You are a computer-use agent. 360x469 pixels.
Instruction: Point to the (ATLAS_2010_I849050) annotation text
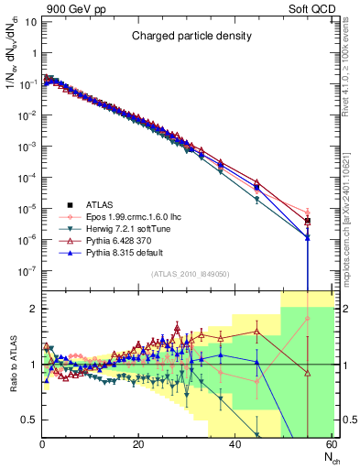pos(189,273)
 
